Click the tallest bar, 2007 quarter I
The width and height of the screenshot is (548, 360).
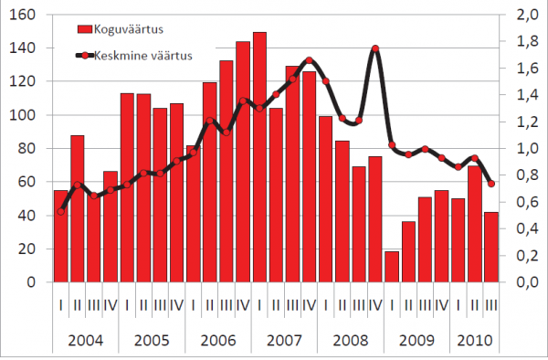point(259,157)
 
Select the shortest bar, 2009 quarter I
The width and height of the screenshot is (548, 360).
point(392,267)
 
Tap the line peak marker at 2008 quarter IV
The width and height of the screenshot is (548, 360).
point(375,48)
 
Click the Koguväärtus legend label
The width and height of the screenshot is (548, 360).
point(129,29)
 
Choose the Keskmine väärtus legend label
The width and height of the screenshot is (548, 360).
point(143,56)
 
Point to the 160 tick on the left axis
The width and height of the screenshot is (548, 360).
point(22,15)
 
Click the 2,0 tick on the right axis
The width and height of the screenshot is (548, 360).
point(527,15)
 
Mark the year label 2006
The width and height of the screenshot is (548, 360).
point(218,340)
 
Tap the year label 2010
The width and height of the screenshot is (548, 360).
point(475,340)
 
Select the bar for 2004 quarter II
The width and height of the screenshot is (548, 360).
point(78,208)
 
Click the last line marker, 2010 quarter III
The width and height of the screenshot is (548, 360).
point(491,184)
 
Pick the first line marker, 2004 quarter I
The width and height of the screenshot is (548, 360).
point(61,211)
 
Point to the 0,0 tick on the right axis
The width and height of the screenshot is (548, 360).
point(527,282)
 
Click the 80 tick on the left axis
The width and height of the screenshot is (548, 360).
point(26,149)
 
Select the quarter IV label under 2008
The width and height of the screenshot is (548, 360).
point(375,306)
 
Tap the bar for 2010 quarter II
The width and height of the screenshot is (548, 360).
point(475,224)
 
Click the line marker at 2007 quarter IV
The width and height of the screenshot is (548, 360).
point(309,60)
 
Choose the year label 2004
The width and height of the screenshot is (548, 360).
point(86,340)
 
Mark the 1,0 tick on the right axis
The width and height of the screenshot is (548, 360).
point(527,149)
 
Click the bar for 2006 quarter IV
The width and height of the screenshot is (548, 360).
point(243,162)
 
